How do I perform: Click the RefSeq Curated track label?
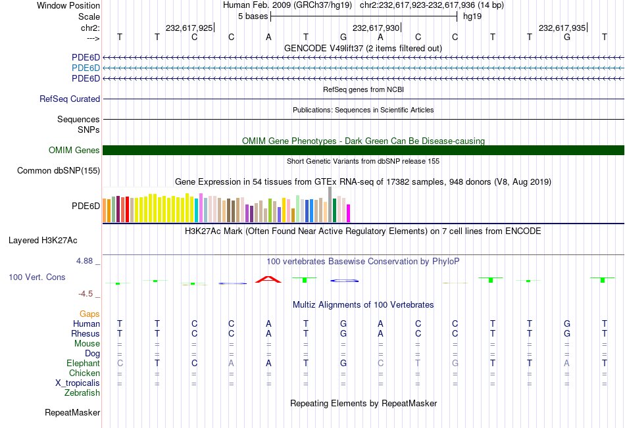(x=70, y=99)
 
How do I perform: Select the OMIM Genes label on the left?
(x=74, y=151)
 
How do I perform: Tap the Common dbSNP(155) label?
(x=59, y=171)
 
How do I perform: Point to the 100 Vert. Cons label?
(x=37, y=277)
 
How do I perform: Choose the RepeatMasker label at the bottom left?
(x=72, y=413)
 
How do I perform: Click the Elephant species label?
(x=83, y=364)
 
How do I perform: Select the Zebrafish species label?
(x=82, y=393)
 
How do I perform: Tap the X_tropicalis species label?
(x=78, y=383)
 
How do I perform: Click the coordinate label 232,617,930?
(x=376, y=28)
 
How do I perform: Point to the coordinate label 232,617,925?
(x=189, y=28)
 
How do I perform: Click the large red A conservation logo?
(x=268, y=279)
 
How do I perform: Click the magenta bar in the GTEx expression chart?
(x=348, y=213)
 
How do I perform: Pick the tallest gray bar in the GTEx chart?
(x=330, y=204)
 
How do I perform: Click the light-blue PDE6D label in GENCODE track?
(x=86, y=68)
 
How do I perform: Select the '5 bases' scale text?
(x=253, y=16)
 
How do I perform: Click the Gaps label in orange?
(x=90, y=314)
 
